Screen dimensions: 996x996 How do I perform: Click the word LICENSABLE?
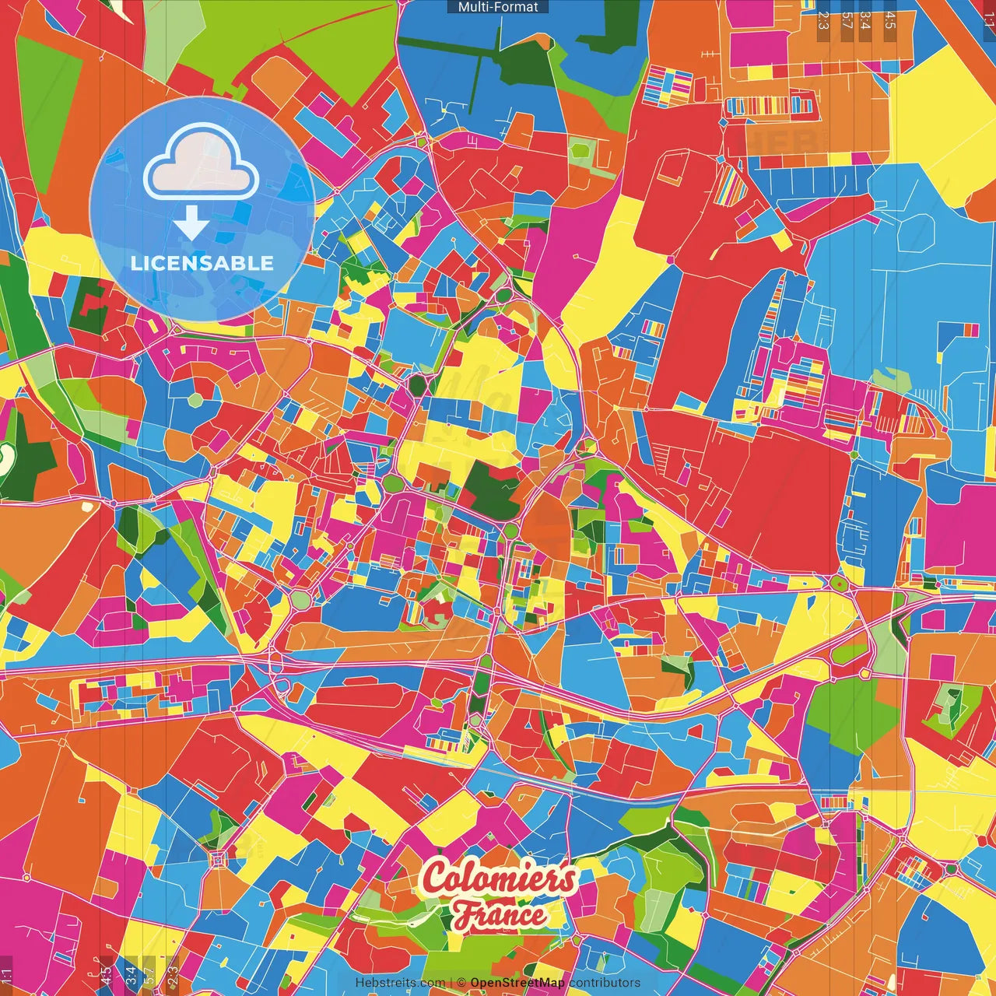tap(202, 263)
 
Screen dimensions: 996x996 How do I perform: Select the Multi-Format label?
tap(498, 7)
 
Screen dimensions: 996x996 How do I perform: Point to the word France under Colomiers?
tap(500, 915)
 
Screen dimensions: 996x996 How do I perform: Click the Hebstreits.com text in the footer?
tap(400, 983)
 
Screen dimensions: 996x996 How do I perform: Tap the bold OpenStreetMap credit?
tap(517, 983)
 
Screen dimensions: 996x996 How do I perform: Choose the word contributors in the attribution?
tap(605, 983)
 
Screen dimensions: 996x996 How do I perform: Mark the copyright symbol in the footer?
tap(461, 983)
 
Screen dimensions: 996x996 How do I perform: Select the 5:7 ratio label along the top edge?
tap(847, 19)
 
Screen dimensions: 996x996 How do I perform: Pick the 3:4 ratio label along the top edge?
tap(865, 19)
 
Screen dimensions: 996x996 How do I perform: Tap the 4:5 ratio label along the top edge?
tap(890, 19)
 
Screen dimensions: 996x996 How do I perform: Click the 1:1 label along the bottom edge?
tap(6, 975)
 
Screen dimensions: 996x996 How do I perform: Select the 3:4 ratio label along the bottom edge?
tap(131, 975)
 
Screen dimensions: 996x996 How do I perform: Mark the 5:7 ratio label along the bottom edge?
tap(149, 975)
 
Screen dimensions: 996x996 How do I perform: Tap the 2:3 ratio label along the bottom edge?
tap(173, 975)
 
